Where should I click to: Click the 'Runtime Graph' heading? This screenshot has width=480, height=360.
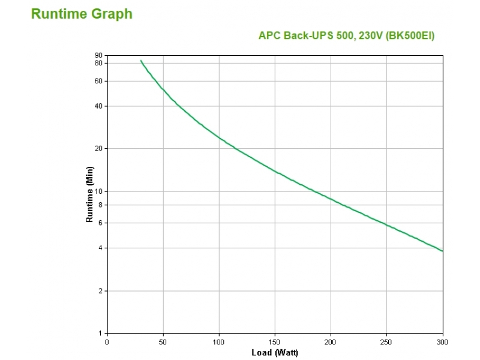pyautogui.click(x=82, y=14)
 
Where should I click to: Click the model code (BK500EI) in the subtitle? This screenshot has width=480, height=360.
pyautogui.click(x=409, y=35)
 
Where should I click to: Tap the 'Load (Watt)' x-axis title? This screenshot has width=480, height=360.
pyautogui.click(x=274, y=352)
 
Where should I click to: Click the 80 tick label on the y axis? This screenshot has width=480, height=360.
pyautogui.click(x=99, y=63)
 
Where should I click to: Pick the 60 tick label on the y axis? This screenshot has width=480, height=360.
pyautogui.click(x=99, y=81)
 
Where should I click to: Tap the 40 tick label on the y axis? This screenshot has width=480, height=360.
pyautogui.click(x=99, y=106)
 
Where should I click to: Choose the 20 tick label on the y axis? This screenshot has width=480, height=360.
pyautogui.click(x=99, y=149)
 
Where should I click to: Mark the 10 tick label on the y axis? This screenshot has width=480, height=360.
pyautogui.click(x=99, y=191)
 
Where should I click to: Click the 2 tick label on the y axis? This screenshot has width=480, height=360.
pyautogui.click(x=101, y=291)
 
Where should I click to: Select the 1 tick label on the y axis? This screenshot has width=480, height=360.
pyautogui.click(x=101, y=333)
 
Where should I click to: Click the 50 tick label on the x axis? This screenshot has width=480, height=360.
pyautogui.click(x=163, y=342)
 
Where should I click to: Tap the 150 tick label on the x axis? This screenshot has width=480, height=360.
pyautogui.click(x=275, y=342)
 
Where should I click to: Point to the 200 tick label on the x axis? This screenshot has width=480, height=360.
pyautogui.click(x=331, y=342)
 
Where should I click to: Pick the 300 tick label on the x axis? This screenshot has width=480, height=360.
pyautogui.click(x=442, y=342)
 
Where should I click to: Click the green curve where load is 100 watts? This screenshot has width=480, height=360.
pyautogui.click(x=219, y=138)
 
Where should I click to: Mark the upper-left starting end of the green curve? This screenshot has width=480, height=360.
pyautogui.click(x=141, y=61)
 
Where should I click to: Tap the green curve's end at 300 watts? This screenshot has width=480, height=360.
pyautogui.click(x=442, y=251)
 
